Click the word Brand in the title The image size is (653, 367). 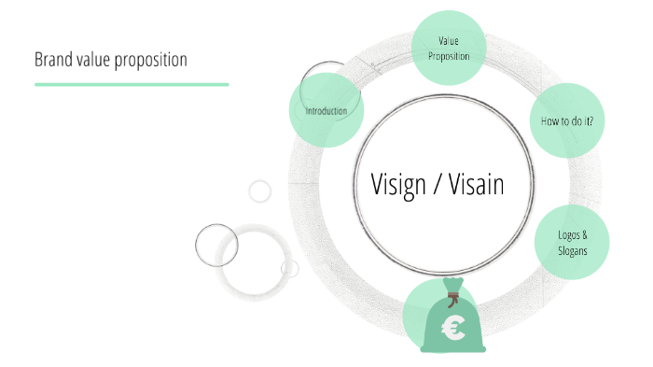click(x=53, y=60)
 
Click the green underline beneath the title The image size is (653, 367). click(x=132, y=84)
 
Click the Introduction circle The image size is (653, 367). click(x=326, y=111)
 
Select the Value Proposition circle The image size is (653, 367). click(x=449, y=48)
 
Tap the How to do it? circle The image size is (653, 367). click(x=566, y=120)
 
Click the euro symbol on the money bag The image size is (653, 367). click(x=454, y=328)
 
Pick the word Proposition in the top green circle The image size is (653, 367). click(x=449, y=55)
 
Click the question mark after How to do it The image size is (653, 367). click(x=590, y=120)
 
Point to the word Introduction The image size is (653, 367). click(x=326, y=111)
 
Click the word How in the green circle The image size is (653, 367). click(x=549, y=120)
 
